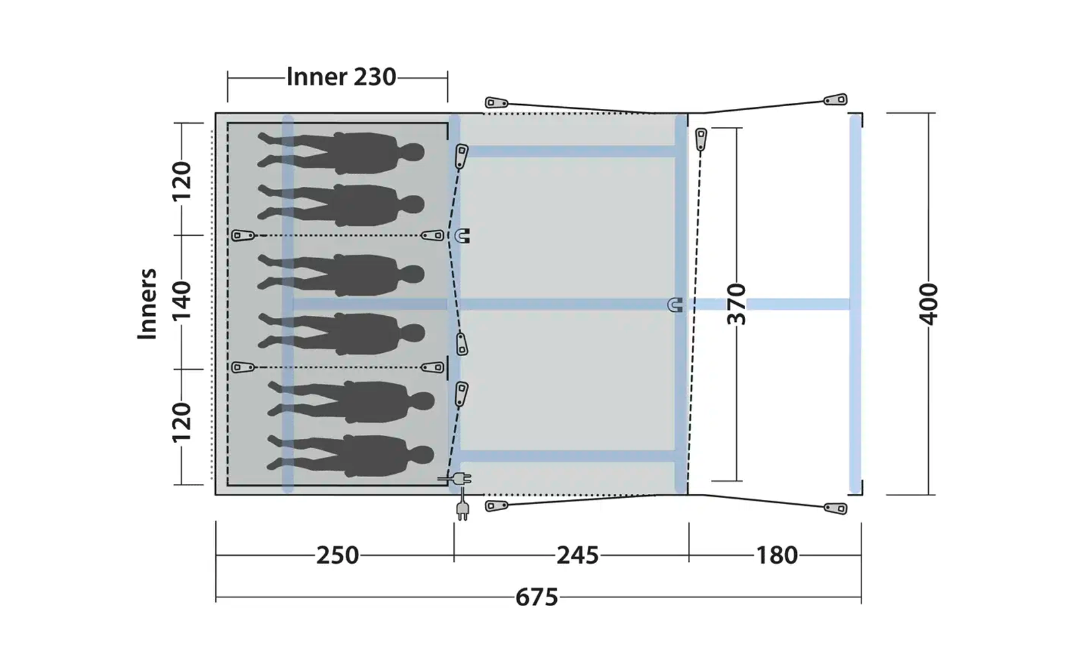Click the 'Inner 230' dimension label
[x=341, y=77]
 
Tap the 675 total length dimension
[x=537, y=598]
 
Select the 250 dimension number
[x=337, y=555]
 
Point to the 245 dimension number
[x=578, y=555]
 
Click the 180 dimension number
[x=777, y=555]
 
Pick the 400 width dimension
[x=928, y=304]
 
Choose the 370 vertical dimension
[x=736, y=304]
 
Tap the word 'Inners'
[x=147, y=304]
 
